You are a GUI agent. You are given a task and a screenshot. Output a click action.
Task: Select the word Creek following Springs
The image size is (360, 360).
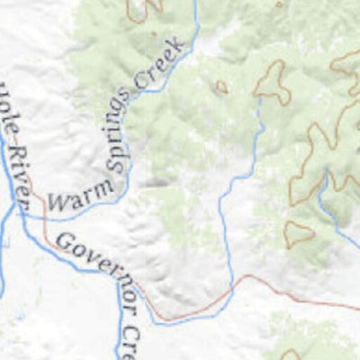pos(160,65)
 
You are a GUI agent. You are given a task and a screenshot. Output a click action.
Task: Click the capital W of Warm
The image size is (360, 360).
pos(53,202)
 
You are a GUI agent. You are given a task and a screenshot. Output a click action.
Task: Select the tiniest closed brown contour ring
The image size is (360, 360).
pos(220,87)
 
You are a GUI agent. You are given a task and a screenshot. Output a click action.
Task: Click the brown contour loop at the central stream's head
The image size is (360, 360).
pos(271,83)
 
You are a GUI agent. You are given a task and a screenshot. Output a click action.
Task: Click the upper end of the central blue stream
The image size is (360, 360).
pos(261,101)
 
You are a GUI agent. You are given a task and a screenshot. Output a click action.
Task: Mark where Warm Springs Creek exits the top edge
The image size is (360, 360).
pos(195,2)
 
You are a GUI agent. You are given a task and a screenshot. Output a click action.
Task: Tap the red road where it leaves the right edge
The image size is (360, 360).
pos(357,308)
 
